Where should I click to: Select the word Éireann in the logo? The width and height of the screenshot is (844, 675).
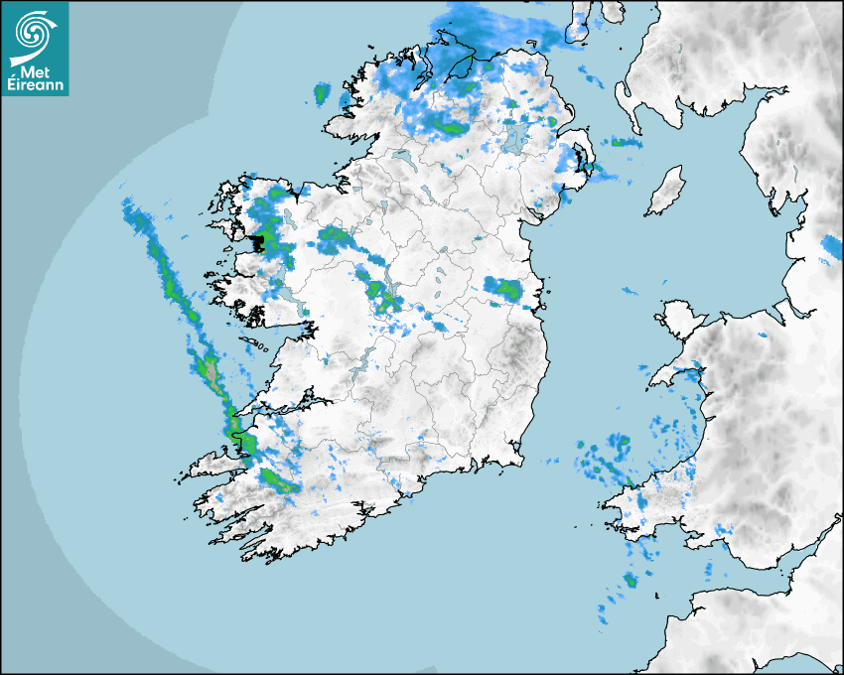(35, 86)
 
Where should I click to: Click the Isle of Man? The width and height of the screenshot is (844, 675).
(666, 192)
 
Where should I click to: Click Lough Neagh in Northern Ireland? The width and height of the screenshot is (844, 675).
(514, 137)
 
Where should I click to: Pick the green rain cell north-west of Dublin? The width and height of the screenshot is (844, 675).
(507, 289)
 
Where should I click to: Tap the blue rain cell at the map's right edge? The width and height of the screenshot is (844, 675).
(832, 246)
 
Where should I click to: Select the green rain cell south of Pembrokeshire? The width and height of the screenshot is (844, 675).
(630, 580)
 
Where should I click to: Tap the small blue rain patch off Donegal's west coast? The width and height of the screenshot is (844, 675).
(322, 94)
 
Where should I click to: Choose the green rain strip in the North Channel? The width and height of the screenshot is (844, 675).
(623, 142)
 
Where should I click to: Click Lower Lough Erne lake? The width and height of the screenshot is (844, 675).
(401, 157)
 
